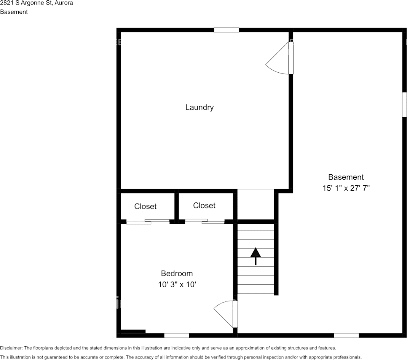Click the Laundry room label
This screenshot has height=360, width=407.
click(199, 107)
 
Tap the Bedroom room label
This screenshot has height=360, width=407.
click(177, 273)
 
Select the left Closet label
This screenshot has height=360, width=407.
click(145, 206)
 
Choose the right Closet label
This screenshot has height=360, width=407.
click(204, 205)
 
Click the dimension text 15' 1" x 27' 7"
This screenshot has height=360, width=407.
click(346, 188)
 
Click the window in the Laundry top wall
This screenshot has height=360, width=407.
click(226, 30)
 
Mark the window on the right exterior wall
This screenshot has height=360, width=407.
click(404, 104)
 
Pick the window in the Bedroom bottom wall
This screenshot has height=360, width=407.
click(177, 335)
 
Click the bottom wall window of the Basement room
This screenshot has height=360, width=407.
click(346, 335)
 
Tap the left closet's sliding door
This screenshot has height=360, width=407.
click(148, 221)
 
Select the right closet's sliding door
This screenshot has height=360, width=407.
click(204, 221)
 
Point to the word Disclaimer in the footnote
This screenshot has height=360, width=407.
click(11, 348)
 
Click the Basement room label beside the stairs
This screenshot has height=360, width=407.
click(346, 177)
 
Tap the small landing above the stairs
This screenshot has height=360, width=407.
click(255, 204)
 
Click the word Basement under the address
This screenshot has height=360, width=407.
click(14, 12)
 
